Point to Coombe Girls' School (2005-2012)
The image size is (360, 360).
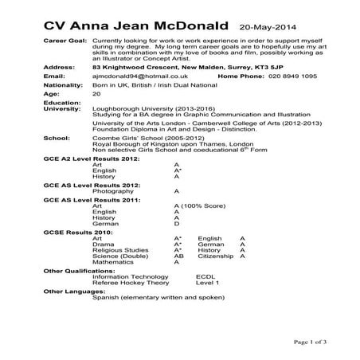141,159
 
